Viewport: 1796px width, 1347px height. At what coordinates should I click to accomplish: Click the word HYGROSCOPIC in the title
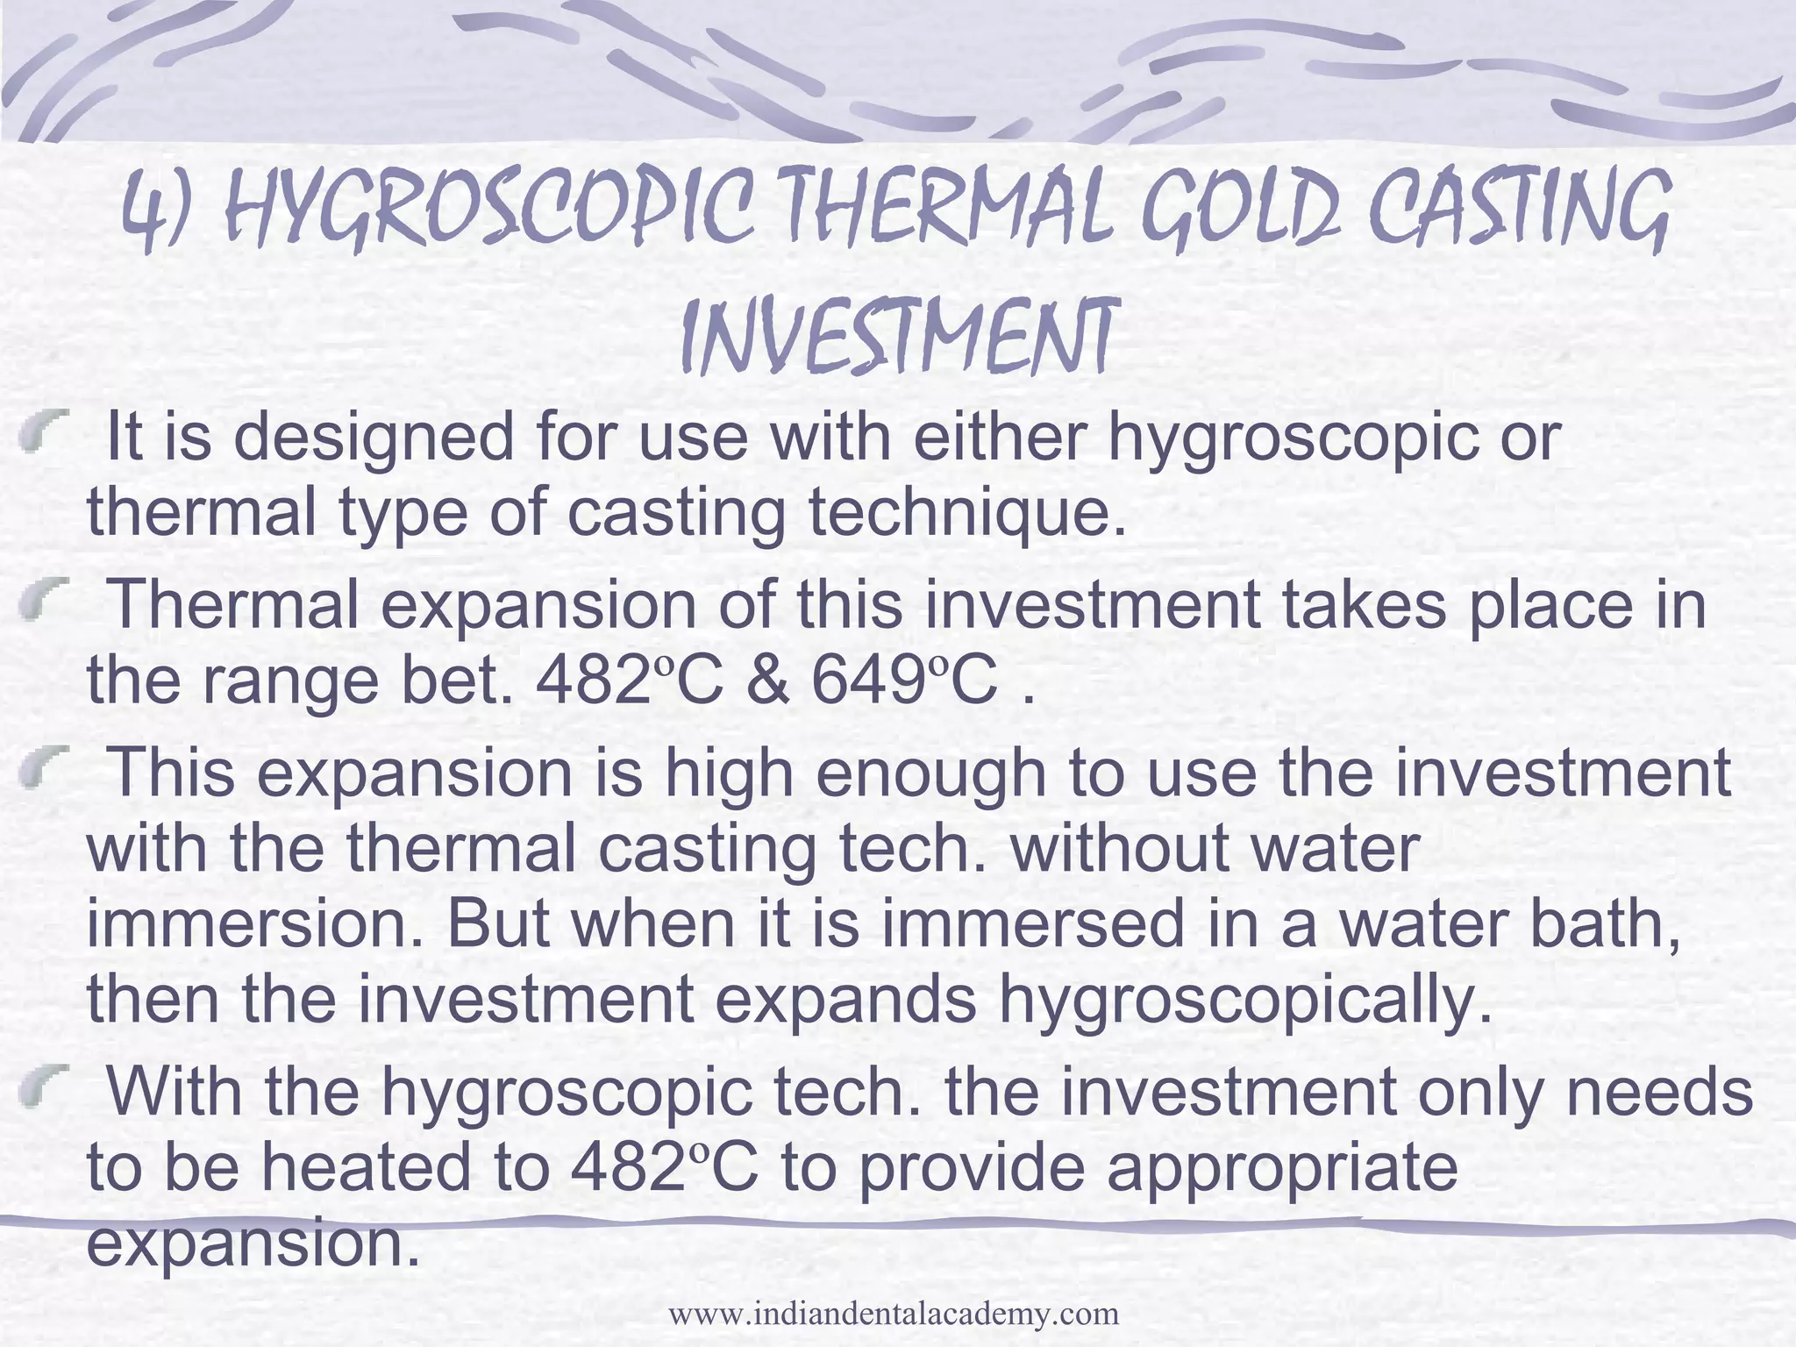(487, 210)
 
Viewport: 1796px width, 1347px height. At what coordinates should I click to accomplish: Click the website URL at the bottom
(894, 1314)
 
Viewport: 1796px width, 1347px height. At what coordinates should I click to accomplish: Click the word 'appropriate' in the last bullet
(1281, 1167)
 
